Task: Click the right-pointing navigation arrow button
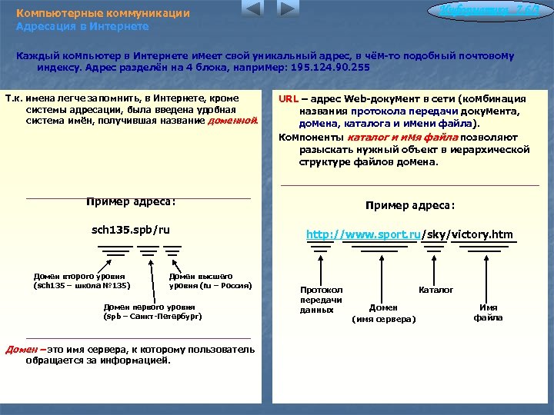pyautogui.click(x=288, y=10)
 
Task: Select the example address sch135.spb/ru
pyautogui.click(x=131, y=230)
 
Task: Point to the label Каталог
pyautogui.click(x=436, y=290)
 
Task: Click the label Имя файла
pyautogui.click(x=488, y=312)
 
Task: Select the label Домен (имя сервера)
pyautogui.click(x=383, y=313)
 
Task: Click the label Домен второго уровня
pyautogui.click(x=81, y=281)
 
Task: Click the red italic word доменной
pyautogui.click(x=232, y=121)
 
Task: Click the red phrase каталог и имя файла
pyautogui.click(x=402, y=137)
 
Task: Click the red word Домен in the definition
pyautogui.click(x=20, y=350)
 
